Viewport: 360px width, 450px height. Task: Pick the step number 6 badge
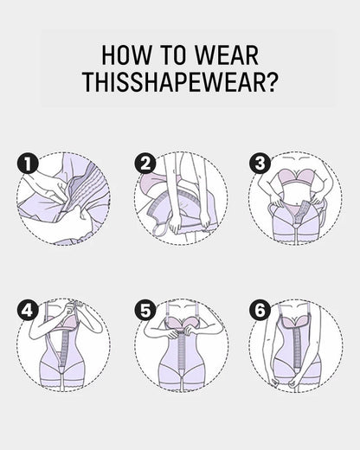[258, 309]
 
